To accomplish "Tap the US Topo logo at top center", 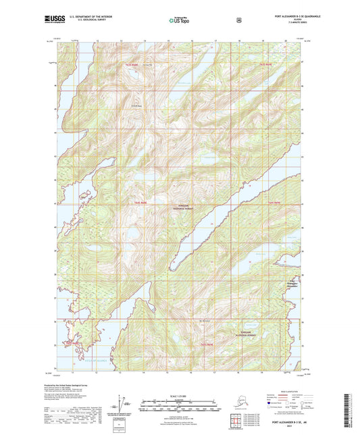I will pyautogui.click(x=180, y=20).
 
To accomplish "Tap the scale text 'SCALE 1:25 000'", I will pyautogui.click(x=180, y=394).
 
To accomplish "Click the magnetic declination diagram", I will pyautogui.click(x=122, y=405).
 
